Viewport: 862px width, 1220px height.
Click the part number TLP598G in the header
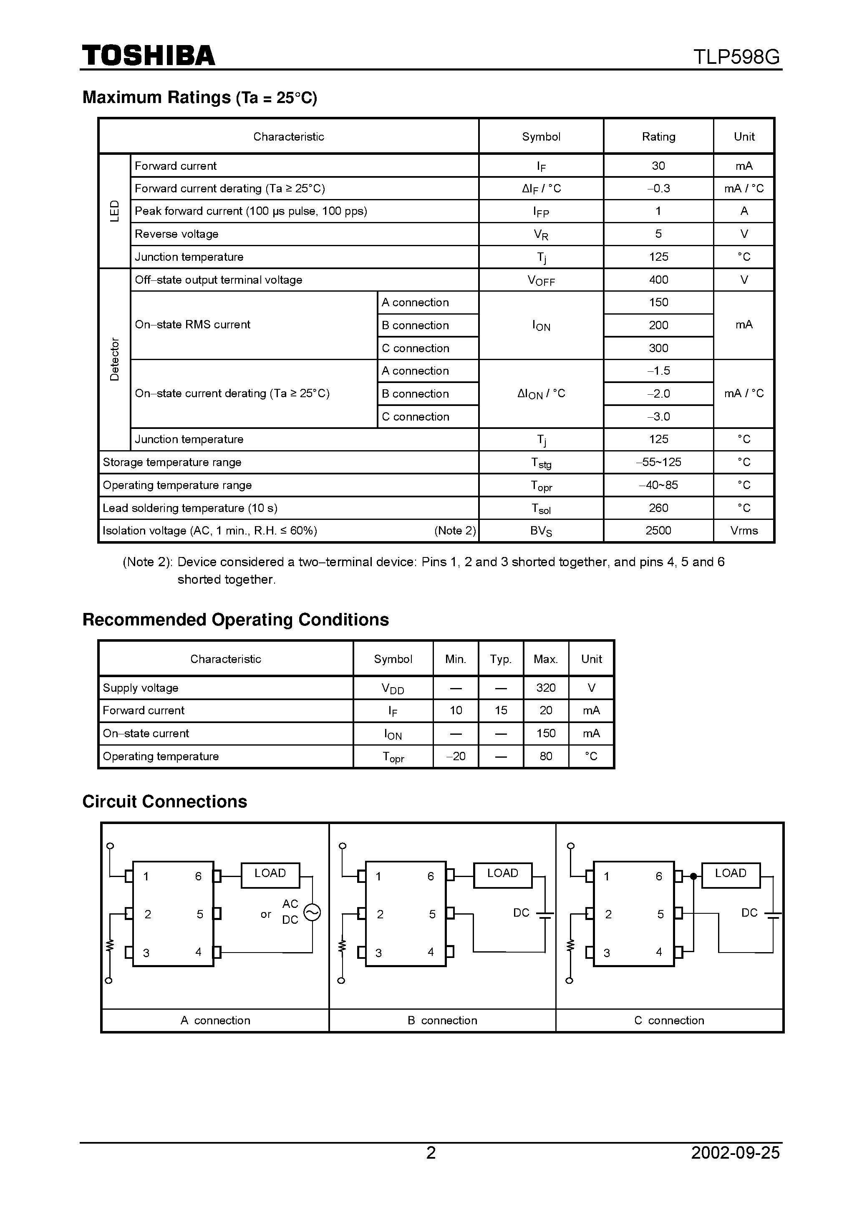pos(736,57)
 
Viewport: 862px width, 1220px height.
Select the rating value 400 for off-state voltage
pos(658,280)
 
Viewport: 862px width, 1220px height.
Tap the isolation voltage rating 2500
pos(658,531)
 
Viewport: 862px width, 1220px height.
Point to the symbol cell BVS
pos(541,531)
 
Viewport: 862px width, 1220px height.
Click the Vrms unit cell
pos(744,531)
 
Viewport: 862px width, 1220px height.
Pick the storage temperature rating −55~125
pos(658,462)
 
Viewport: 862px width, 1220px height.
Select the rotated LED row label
pos(114,211)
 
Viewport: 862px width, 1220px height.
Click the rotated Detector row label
pos(114,359)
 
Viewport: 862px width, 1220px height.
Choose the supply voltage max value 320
pos(546,688)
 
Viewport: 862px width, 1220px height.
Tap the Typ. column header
pos(501,659)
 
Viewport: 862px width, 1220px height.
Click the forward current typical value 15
pos(501,711)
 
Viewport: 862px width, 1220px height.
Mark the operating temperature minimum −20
pos(456,756)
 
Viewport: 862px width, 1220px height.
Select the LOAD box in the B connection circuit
pos(502,875)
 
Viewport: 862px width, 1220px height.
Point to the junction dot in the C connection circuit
pos(693,876)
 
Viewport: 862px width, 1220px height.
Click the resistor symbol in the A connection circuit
pos(110,946)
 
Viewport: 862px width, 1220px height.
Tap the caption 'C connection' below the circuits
pos(669,1020)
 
